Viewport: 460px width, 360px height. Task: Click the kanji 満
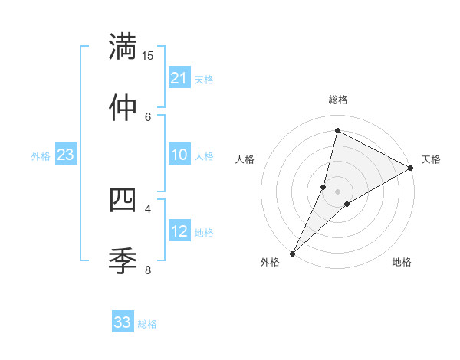pyautogui.click(x=123, y=47)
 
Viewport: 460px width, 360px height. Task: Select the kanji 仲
pyautogui.click(x=123, y=108)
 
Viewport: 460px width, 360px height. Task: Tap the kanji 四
pyautogui.click(x=123, y=200)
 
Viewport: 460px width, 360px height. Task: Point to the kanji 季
pyautogui.click(x=123, y=260)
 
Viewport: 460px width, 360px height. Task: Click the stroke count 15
pyautogui.click(x=148, y=56)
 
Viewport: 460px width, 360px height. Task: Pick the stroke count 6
pyautogui.click(x=148, y=116)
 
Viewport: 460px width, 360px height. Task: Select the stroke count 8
pyautogui.click(x=148, y=269)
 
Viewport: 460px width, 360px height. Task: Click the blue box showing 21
pyautogui.click(x=179, y=78)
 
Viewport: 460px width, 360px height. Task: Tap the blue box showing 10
pyautogui.click(x=179, y=155)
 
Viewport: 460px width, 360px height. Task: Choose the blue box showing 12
pyautogui.click(x=179, y=231)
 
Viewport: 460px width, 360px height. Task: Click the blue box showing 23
pyautogui.click(x=65, y=155)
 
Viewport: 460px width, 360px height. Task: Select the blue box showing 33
pyautogui.click(x=123, y=322)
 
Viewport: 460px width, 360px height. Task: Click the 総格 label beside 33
pyautogui.click(x=147, y=324)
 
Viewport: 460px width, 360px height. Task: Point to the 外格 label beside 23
pyautogui.click(x=41, y=156)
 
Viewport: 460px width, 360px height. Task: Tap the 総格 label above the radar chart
pyautogui.click(x=337, y=100)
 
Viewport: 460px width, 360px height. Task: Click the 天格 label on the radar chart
pyautogui.click(x=431, y=159)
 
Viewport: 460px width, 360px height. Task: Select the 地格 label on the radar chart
pyautogui.click(x=402, y=263)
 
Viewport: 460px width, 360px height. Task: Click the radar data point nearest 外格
pyautogui.click(x=293, y=253)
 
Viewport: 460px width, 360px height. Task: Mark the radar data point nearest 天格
pyautogui.click(x=411, y=168)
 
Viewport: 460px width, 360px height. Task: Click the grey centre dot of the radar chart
pyautogui.click(x=337, y=191)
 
